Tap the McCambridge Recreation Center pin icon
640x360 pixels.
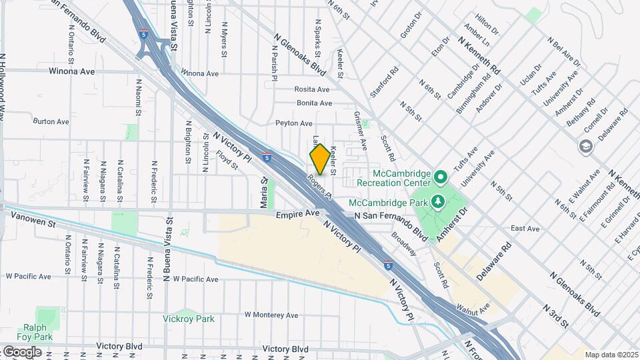click(440, 177)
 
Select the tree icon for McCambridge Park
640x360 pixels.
click(437, 201)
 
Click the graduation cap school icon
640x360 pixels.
click(586, 147)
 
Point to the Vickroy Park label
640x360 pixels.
click(189, 319)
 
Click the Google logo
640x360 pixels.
click(22, 351)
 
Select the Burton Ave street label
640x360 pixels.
click(51, 122)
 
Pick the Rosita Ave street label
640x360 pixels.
click(312, 89)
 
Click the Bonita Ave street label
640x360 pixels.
click(314, 103)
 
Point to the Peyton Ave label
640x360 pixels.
click(294, 123)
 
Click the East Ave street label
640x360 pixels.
click(525, 229)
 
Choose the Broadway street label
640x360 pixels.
click(403, 244)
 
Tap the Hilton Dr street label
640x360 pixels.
click(486, 27)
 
